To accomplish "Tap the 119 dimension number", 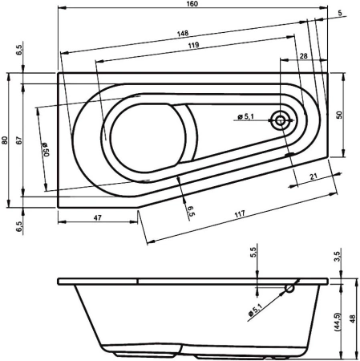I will (193, 47).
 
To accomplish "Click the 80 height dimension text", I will (6, 140).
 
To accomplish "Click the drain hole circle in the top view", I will (281, 120).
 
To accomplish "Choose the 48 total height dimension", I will (354, 318).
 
